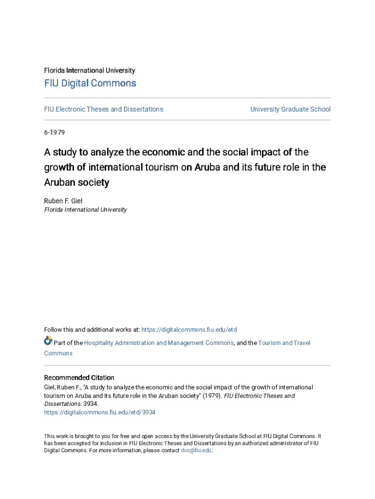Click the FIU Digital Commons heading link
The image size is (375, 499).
click(x=90, y=83)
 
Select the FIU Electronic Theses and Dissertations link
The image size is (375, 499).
click(x=104, y=109)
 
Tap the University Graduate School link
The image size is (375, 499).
click(x=290, y=109)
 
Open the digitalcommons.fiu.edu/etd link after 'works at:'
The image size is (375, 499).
click(x=189, y=330)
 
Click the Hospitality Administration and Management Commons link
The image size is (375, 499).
click(x=159, y=343)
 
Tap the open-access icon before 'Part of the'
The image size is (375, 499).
click(x=48, y=341)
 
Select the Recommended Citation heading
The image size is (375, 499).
click(x=79, y=378)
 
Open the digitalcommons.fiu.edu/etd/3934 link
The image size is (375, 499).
click(x=100, y=412)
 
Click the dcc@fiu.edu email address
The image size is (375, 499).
click(x=196, y=450)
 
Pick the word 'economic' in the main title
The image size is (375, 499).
click(x=161, y=153)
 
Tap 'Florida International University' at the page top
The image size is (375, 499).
click(x=90, y=71)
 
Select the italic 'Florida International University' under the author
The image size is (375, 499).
click(x=86, y=210)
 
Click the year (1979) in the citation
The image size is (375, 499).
click(x=212, y=396)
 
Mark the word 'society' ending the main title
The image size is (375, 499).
click(x=93, y=183)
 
